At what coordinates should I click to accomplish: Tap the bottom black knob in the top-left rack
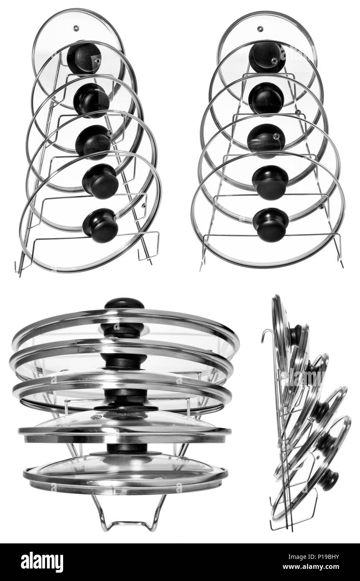pos(100,225)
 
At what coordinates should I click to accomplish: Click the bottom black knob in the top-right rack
pos(271,224)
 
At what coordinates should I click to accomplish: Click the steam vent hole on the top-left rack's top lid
pos(76,28)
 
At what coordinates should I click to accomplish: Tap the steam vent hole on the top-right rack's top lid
pos(260,28)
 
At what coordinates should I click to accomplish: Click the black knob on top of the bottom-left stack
pos(124,303)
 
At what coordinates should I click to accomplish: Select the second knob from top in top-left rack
pos(91,100)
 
